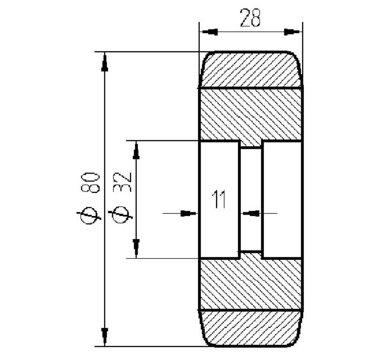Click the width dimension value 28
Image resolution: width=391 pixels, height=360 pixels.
click(250, 18)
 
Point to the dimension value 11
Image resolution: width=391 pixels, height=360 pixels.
click(219, 200)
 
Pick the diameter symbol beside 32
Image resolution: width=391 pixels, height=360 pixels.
click(123, 214)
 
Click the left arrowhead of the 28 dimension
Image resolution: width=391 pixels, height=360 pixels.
click(208, 32)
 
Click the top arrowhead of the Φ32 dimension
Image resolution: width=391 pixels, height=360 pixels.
click(136, 150)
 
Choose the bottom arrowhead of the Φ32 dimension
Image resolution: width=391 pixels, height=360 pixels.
click(136, 248)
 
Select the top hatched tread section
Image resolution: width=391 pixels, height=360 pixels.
click(250, 70)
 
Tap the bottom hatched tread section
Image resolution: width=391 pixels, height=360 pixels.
click(250, 328)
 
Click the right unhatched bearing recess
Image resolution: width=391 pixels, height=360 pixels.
click(282, 199)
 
